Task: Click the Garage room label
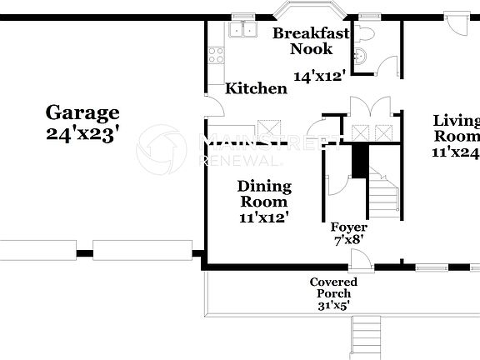[x=82, y=112]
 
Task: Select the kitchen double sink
[x=242, y=30]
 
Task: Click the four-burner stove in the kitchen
[x=217, y=56]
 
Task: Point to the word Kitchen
[x=257, y=88]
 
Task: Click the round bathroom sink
[x=361, y=57]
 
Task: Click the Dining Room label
[x=264, y=193]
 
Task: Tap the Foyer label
[x=349, y=227]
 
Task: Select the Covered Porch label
[x=333, y=287]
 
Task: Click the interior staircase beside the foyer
[x=384, y=197]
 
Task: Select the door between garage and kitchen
[x=212, y=107]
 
